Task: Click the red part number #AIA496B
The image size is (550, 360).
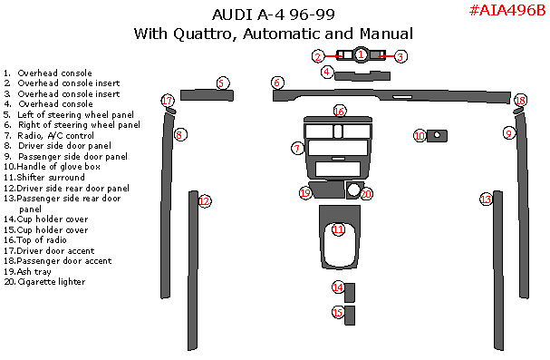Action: point(507,11)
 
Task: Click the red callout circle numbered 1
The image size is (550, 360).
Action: point(361,54)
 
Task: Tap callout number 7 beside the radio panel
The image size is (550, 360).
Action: point(297,149)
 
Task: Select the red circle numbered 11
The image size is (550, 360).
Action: point(339,229)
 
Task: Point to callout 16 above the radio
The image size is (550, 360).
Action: point(339,112)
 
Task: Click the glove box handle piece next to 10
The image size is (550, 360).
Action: point(437,136)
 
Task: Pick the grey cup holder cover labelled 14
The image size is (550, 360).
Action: point(350,293)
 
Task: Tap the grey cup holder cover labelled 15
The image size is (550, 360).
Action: point(350,316)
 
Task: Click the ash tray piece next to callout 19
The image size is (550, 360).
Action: point(327,190)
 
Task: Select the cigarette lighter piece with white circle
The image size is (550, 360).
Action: point(353,190)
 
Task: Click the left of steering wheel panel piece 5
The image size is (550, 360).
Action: point(207,95)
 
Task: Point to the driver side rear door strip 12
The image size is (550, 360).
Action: point(193,270)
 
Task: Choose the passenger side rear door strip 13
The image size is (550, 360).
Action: point(498,270)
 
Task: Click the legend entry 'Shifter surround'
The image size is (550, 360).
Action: point(51,177)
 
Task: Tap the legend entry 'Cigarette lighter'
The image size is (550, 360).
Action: point(52,281)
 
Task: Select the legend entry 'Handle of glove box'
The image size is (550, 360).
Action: point(59,167)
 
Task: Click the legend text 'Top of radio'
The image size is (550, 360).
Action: point(42,240)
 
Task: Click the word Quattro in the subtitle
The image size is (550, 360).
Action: point(205,34)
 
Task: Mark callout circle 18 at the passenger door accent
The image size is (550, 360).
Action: point(520,101)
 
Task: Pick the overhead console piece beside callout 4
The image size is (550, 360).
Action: point(362,75)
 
